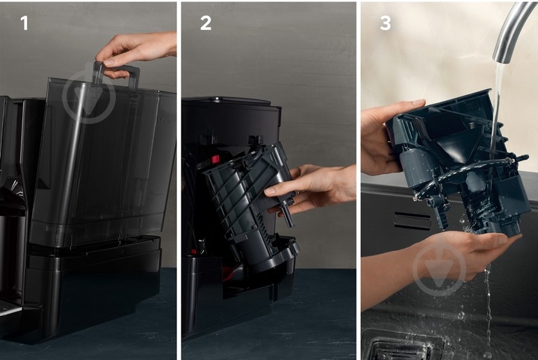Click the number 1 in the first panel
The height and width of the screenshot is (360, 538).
point(25,23)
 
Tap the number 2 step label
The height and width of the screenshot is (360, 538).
point(205,23)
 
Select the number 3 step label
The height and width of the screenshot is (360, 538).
point(386,23)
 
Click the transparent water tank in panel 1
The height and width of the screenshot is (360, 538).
point(103,161)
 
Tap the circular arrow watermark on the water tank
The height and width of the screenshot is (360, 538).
point(88,97)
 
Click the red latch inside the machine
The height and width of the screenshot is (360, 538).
point(215,159)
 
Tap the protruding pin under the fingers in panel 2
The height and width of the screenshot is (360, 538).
point(288,215)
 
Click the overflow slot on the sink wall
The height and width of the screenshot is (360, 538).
point(412,220)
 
